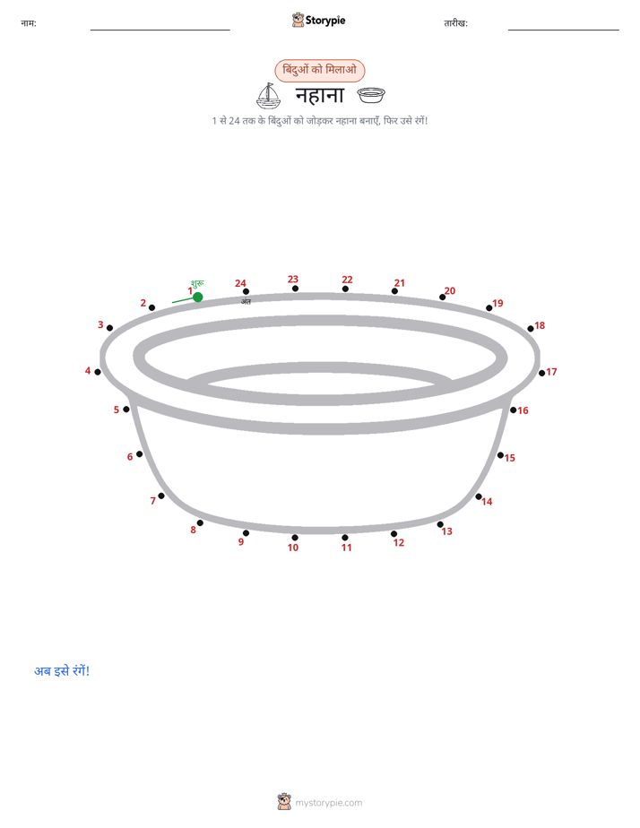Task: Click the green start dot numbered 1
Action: coord(198,298)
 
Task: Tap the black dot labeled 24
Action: coord(246,291)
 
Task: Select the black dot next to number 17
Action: coord(541,374)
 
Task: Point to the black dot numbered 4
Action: coord(98,372)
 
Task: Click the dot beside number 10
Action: coord(295,538)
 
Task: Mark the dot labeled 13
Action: coord(440,524)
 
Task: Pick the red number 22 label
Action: coord(347,280)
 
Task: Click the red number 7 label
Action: coord(153,501)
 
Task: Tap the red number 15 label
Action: coord(509,458)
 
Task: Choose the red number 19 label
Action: coord(498,303)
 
